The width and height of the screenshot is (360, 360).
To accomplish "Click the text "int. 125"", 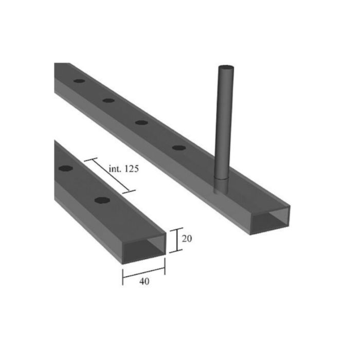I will (x=124, y=169).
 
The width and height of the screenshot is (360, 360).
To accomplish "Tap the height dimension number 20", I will (x=188, y=239).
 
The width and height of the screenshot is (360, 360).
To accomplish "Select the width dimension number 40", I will (x=145, y=282).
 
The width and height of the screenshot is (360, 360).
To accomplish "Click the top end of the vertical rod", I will (x=225, y=68).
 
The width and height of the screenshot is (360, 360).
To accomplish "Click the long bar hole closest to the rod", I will (x=179, y=148).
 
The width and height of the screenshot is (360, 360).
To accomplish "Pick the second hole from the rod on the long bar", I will (x=141, y=122).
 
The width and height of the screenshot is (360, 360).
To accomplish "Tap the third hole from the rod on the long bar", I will (x=108, y=100).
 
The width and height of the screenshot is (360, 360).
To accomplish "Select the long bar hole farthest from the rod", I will (x=79, y=81).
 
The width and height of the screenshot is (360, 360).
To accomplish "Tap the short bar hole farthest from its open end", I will (x=65, y=168).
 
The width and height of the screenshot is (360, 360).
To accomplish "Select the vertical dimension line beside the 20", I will (x=177, y=240).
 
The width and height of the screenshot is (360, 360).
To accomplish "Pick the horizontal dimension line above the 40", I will (x=143, y=272).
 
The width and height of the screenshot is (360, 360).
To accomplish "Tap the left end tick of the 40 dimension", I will (x=123, y=275).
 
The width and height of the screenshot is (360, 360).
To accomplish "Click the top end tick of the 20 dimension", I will (x=177, y=229).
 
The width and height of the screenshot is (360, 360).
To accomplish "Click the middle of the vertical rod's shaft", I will (x=224, y=123).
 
